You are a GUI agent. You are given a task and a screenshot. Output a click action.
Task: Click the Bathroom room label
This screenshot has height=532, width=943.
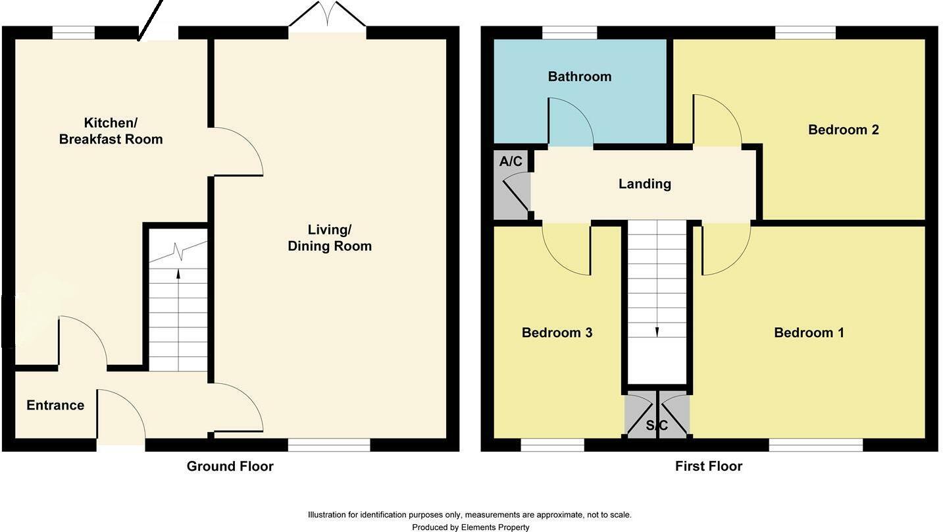[579, 76]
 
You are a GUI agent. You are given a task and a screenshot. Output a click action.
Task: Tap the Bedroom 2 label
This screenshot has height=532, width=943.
[843, 130]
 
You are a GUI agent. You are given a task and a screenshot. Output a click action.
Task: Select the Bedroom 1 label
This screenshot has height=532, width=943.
[809, 332]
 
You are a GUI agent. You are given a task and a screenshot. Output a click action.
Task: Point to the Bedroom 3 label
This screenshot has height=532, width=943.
[557, 332]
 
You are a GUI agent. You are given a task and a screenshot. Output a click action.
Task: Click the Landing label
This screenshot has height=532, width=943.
[644, 184]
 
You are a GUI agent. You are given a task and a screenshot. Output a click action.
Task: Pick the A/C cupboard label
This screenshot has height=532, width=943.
[511, 161]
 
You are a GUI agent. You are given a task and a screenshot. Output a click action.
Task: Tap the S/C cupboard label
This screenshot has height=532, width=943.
[657, 426]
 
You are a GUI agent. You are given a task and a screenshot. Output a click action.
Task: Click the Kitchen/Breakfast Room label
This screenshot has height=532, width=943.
[111, 131]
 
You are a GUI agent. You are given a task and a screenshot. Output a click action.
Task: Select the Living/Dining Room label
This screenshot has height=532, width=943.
[330, 238]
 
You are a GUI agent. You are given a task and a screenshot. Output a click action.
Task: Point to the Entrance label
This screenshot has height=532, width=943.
[55, 405]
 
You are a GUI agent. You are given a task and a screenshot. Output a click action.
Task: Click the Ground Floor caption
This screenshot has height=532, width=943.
[230, 466]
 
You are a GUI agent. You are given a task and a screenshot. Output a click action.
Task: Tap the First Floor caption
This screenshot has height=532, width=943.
[708, 466]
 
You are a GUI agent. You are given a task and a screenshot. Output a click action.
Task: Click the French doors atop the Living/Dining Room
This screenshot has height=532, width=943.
[327, 16]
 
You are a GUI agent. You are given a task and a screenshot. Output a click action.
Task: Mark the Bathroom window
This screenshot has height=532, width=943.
[569, 32]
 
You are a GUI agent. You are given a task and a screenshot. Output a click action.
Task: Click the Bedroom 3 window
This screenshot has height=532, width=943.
[552, 445]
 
